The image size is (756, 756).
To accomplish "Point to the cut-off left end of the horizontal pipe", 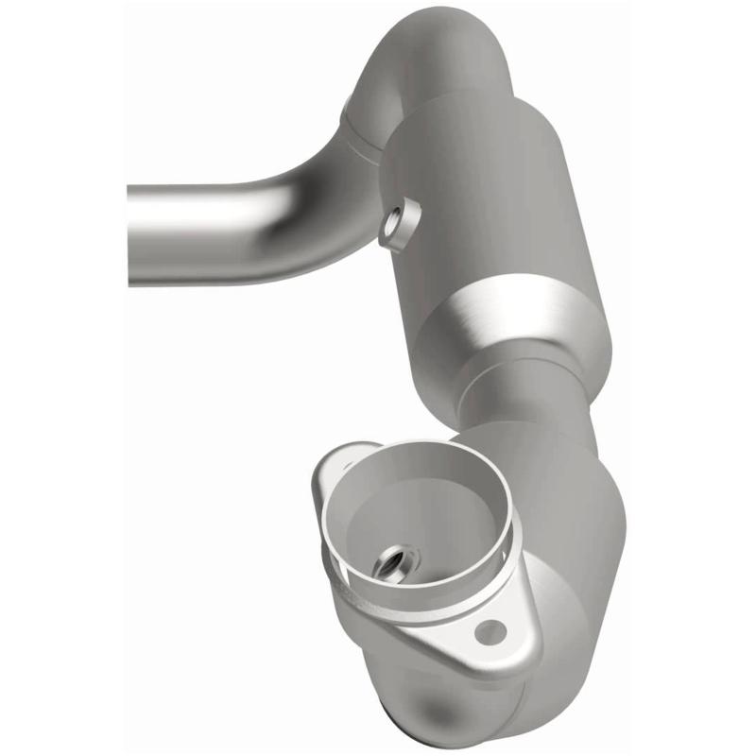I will tap(132, 233).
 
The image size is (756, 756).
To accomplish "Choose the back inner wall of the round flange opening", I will tap(425, 472).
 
